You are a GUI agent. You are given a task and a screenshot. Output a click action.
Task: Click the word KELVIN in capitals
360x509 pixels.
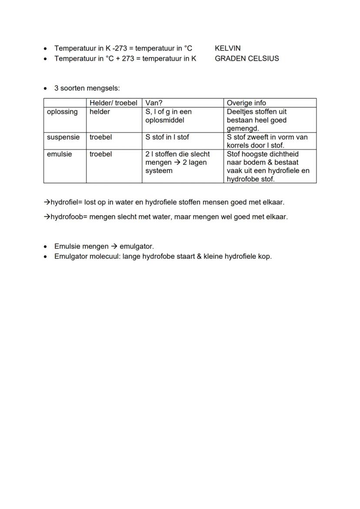click(227, 48)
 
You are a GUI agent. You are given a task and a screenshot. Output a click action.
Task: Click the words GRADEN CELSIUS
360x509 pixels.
click(247, 58)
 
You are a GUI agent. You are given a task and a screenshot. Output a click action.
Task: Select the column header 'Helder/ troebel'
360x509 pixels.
click(113, 103)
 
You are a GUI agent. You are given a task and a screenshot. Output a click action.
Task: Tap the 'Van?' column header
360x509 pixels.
click(153, 103)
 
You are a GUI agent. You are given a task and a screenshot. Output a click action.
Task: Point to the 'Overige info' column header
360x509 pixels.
click(246, 103)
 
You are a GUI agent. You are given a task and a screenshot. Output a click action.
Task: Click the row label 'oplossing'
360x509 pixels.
click(62, 112)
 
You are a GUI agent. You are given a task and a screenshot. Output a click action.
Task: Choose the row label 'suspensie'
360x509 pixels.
click(63, 137)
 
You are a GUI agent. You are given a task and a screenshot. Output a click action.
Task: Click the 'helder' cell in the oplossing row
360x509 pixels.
click(100, 112)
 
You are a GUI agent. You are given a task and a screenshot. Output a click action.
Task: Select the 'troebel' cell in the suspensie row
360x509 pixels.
click(100, 137)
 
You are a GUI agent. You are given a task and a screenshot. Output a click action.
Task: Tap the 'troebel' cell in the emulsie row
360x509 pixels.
click(100, 154)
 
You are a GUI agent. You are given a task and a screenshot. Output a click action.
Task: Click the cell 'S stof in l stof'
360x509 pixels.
click(167, 137)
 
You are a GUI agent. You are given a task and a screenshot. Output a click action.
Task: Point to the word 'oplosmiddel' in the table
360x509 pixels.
click(165, 120)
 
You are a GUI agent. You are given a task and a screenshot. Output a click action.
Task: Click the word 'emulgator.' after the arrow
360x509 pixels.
click(137, 246)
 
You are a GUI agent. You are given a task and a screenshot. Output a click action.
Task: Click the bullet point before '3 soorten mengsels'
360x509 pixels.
click(46, 89)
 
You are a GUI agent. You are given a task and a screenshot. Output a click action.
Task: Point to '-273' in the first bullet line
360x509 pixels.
click(120, 48)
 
